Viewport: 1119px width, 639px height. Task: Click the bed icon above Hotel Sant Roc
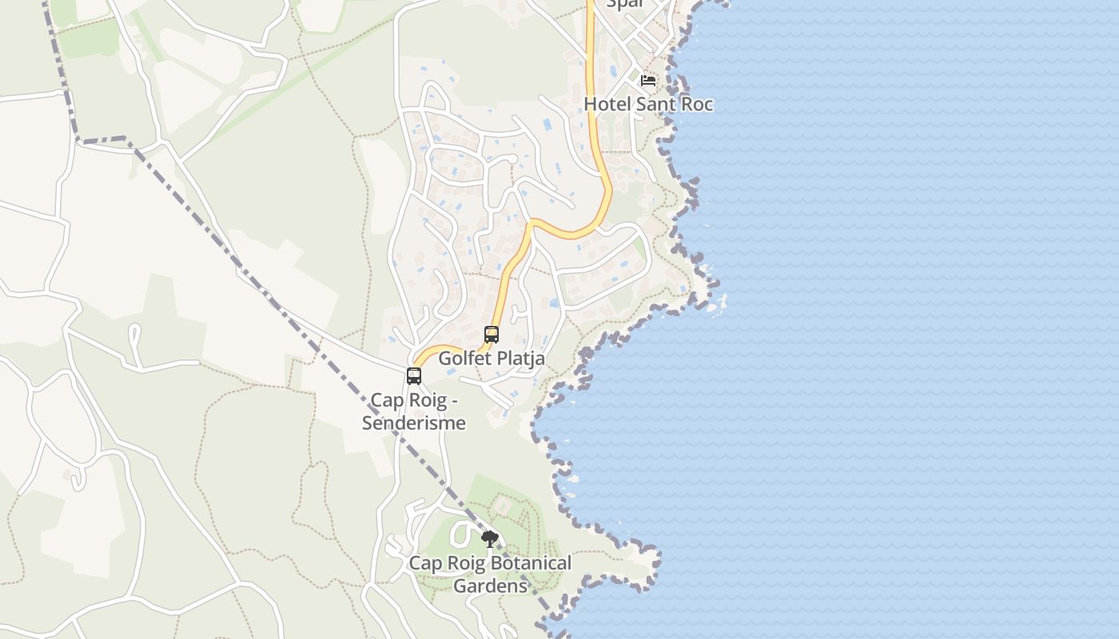(x=647, y=80)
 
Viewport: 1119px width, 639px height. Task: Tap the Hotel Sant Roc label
(x=647, y=104)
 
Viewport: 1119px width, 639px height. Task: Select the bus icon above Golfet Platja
(x=492, y=335)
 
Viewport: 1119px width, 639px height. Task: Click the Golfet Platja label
(x=492, y=359)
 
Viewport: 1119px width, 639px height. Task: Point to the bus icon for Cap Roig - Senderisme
(x=414, y=375)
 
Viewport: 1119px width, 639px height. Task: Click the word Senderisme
(x=413, y=423)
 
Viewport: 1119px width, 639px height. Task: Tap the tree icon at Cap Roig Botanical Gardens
(x=490, y=539)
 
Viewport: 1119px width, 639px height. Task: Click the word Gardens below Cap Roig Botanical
(x=491, y=585)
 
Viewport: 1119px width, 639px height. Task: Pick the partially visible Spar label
(x=625, y=4)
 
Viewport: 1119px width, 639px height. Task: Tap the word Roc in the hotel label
(x=695, y=104)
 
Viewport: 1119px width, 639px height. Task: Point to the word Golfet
(x=462, y=359)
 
